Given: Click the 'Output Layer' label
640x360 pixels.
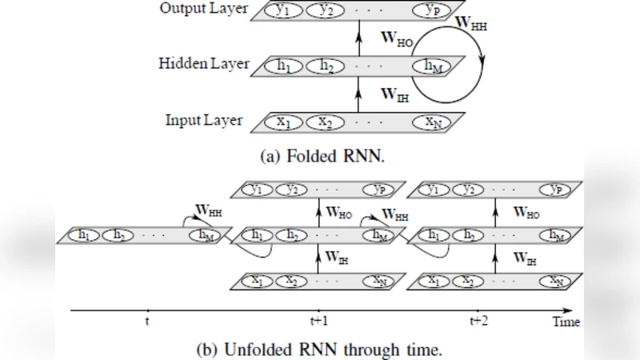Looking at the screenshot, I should [203, 10].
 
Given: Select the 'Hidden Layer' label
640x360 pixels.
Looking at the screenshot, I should [204, 64].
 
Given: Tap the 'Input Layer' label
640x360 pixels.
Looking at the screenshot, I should [204, 121].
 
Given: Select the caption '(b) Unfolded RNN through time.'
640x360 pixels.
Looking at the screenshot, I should [318, 350].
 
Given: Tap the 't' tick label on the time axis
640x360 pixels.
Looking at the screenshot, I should [148, 321].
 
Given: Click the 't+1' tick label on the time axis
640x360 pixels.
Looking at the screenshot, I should [318, 321].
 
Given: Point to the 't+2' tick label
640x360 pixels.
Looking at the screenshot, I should [478, 321].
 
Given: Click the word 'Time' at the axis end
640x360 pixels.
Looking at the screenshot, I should [566, 322].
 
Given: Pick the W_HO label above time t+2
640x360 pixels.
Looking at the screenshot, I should [526, 213].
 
